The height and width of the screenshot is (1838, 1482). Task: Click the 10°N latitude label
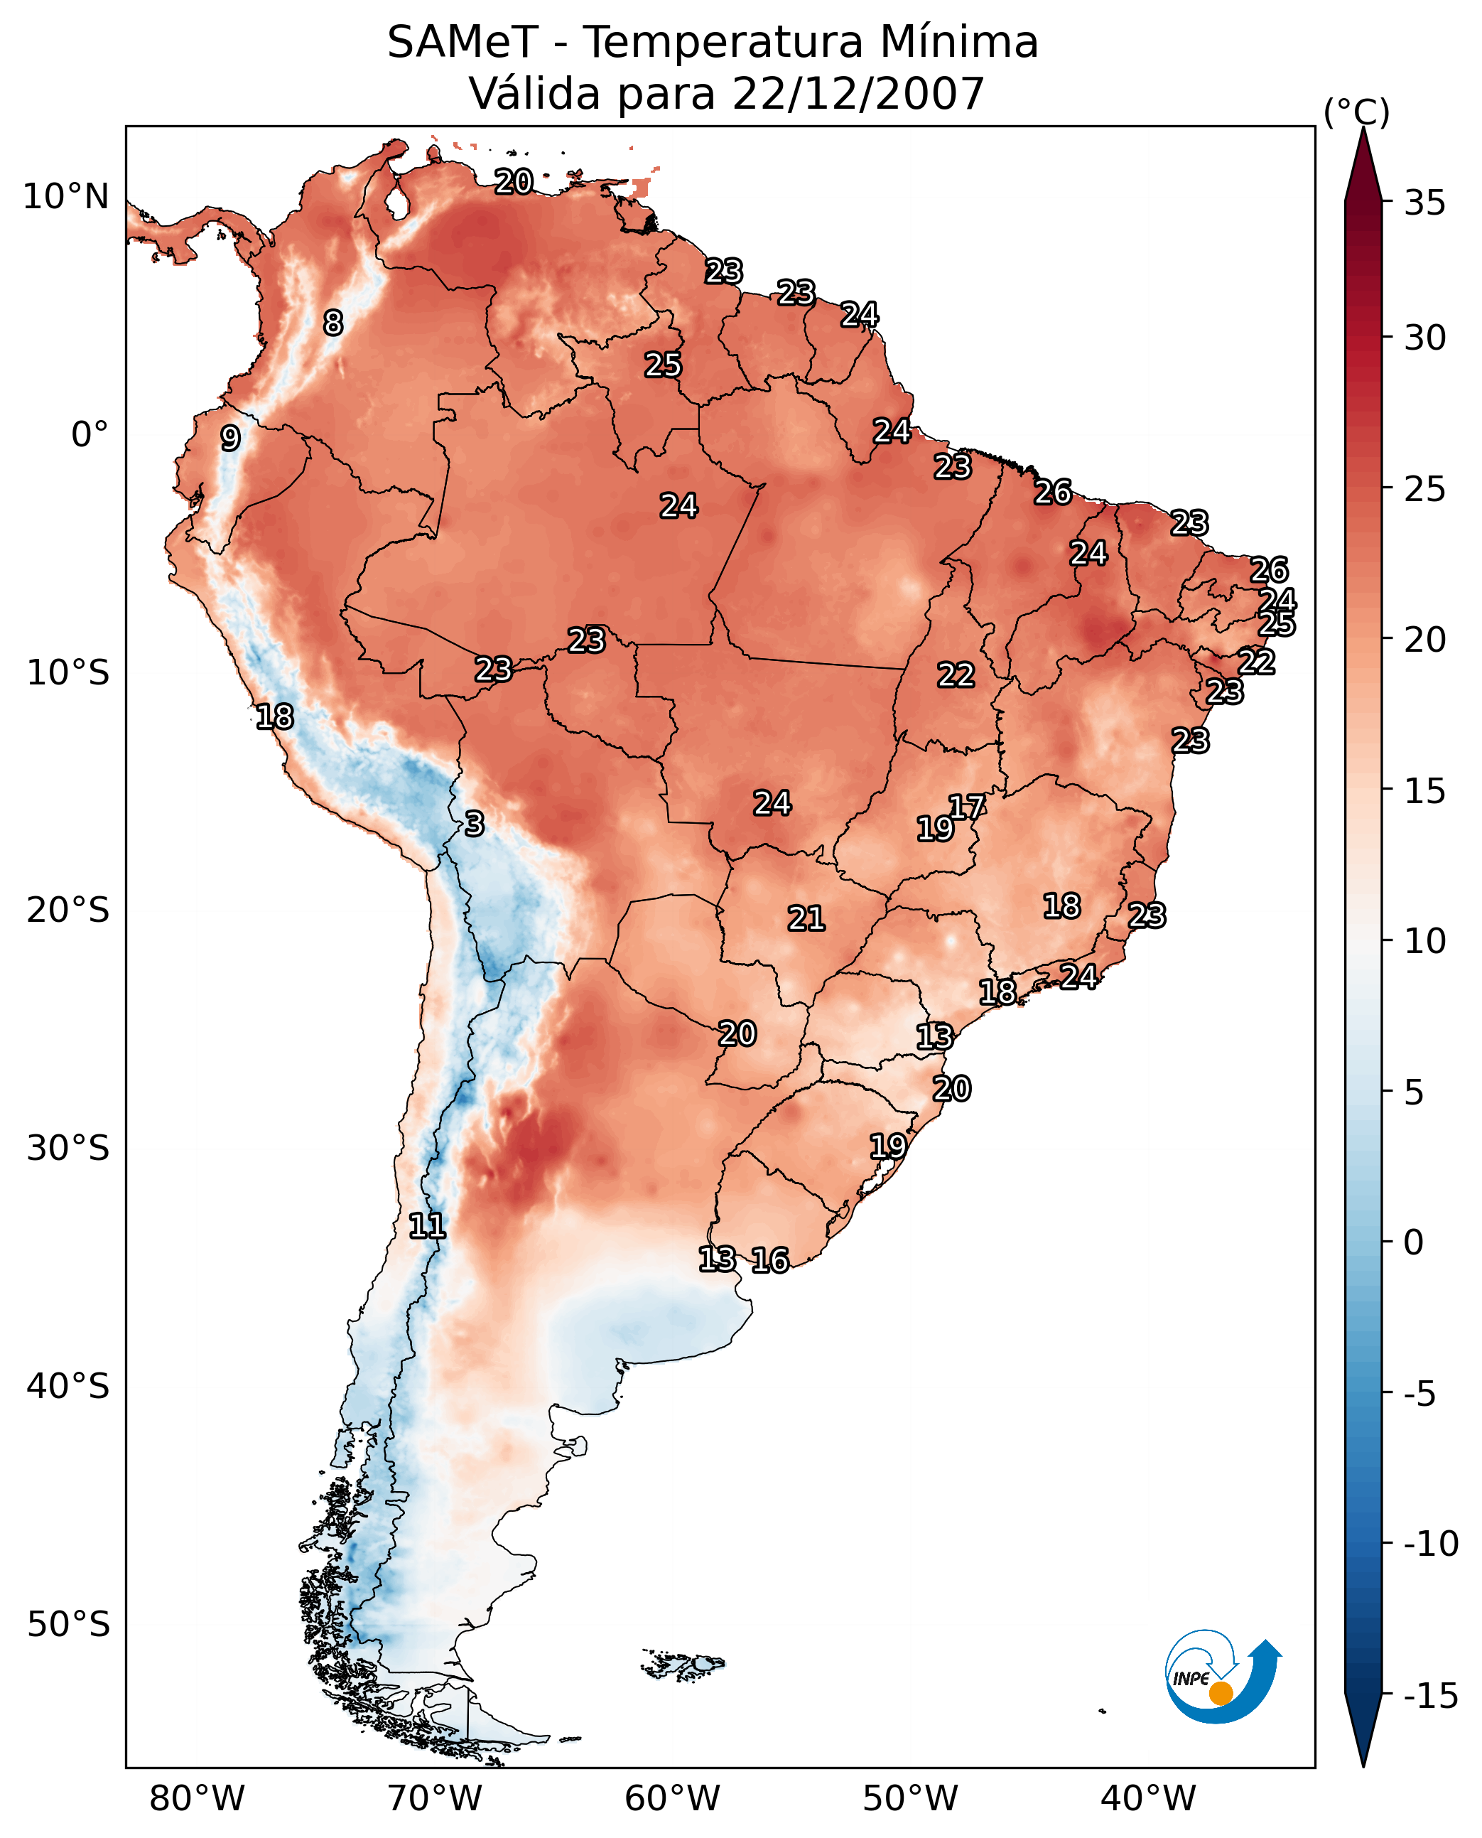66,198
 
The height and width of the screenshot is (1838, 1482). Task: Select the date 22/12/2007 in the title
858,93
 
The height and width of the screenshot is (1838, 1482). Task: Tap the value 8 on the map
333,323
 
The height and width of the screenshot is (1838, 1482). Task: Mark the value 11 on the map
427,1227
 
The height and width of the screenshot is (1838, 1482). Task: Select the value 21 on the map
806,918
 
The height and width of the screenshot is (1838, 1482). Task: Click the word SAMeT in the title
462,42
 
